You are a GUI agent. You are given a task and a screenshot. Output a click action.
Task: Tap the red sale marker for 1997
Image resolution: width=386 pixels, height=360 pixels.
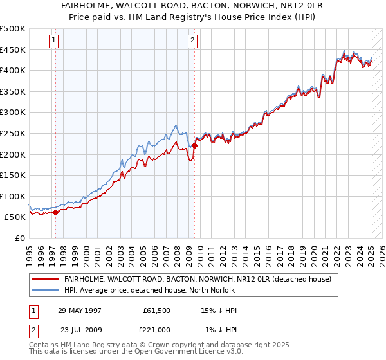56,212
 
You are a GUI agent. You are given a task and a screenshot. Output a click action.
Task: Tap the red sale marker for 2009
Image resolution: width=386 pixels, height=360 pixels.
194,145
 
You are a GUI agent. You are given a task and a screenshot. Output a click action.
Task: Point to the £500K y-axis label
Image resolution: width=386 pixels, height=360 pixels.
13,29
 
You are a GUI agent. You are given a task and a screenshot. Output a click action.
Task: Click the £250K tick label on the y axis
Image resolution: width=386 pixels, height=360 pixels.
13,133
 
